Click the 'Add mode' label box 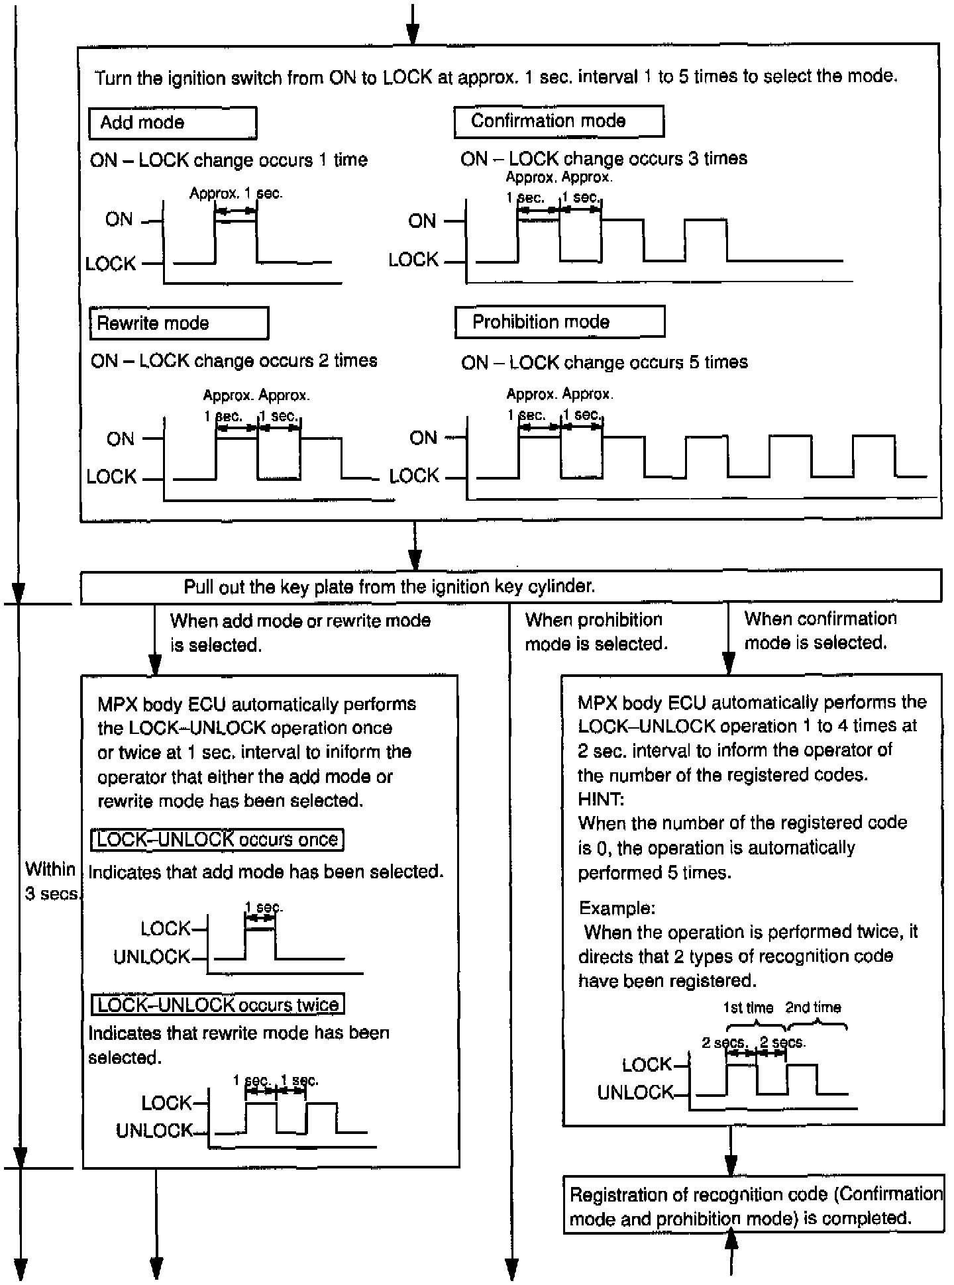(172, 123)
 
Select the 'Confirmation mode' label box (558, 121)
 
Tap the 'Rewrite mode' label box (179, 323)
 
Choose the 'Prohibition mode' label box (559, 323)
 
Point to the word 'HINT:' (601, 799)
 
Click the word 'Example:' (617, 907)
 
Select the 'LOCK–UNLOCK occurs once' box (217, 840)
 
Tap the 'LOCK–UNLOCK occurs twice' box (218, 1005)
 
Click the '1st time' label (748, 1007)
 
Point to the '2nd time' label (813, 1007)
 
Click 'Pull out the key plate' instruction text (390, 587)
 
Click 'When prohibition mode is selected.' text (596, 632)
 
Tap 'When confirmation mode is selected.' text (820, 631)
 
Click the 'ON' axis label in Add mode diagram (119, 220)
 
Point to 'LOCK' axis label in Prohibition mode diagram (414, 476)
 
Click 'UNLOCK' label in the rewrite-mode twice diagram (154, 1131)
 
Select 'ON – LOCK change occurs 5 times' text (604, 362)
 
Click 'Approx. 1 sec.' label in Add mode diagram (236, 193)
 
